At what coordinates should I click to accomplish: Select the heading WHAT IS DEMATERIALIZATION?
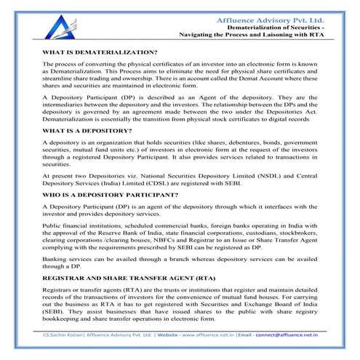[x=100, y=53]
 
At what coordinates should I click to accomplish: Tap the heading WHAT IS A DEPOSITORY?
[x=87, y=130]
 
